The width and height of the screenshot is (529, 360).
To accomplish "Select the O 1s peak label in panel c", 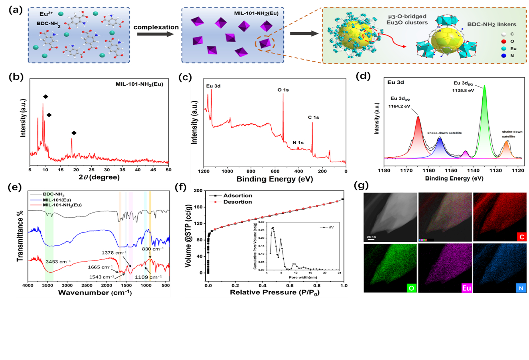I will [283, 90].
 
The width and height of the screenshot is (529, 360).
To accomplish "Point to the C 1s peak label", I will [315, 118].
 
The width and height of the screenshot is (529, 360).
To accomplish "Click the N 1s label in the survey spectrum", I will [298, 142].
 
